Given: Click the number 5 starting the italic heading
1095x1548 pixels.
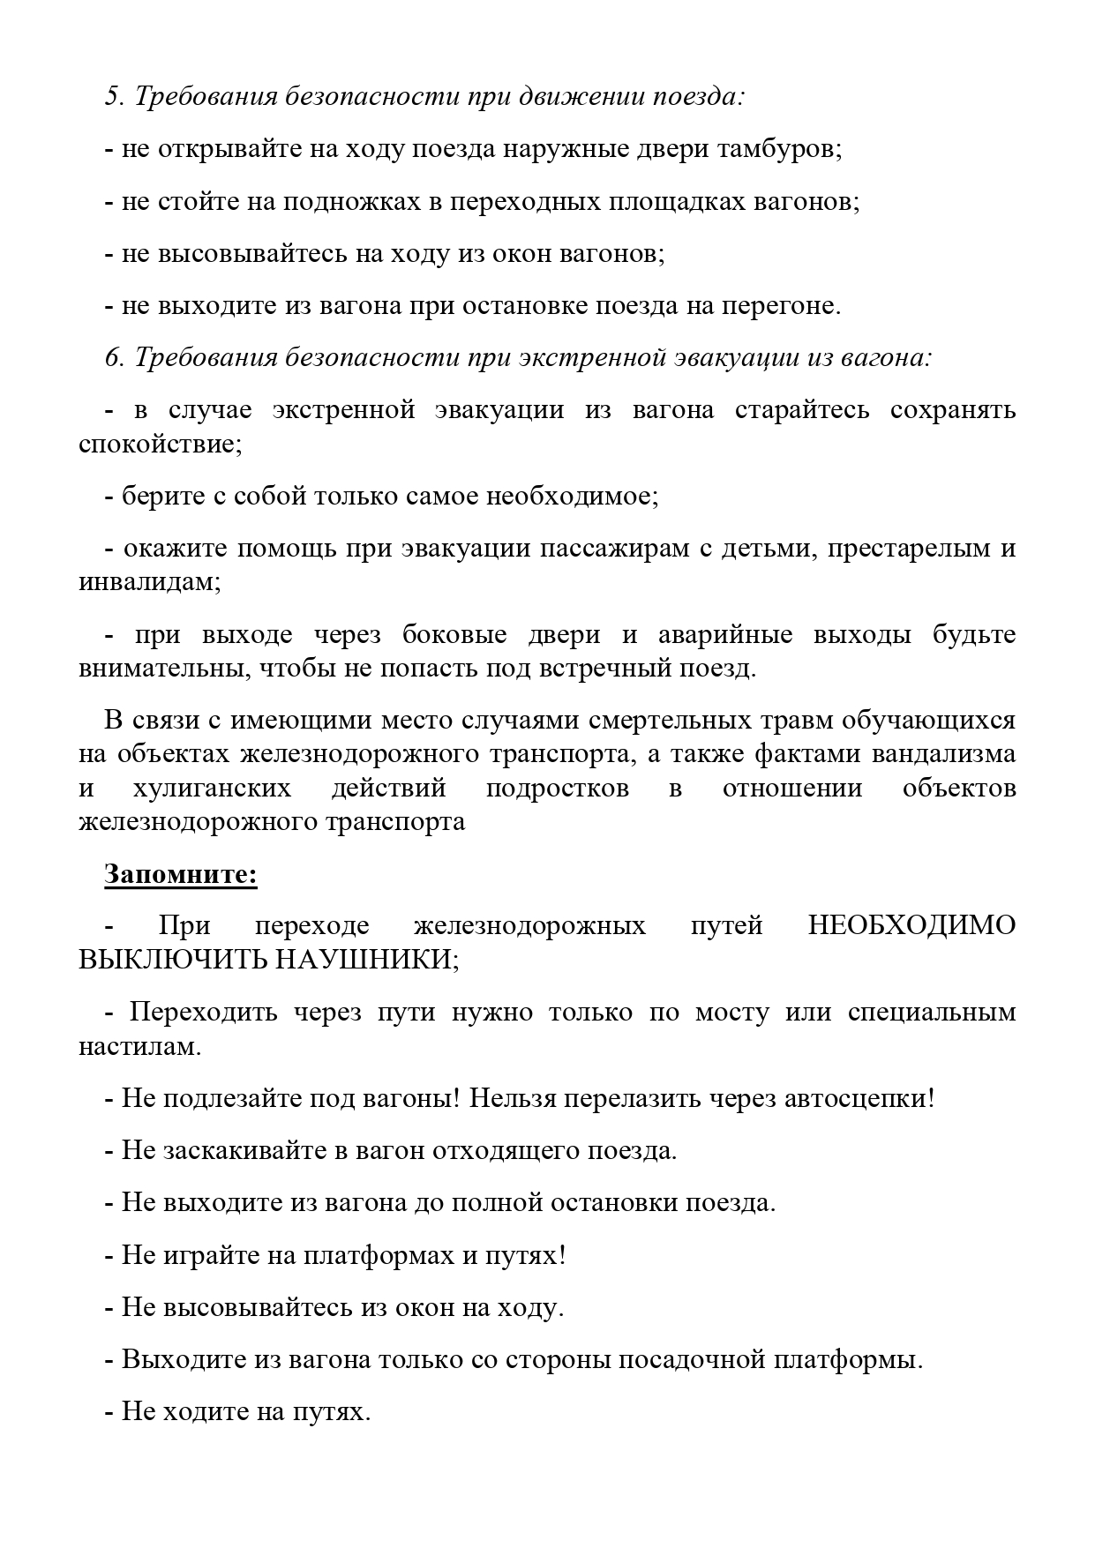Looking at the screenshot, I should coord(111,96).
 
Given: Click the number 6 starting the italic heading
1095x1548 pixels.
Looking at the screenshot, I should coord(111,357).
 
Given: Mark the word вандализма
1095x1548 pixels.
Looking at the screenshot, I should coord(943,754).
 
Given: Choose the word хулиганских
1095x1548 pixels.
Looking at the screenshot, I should coord(213,788).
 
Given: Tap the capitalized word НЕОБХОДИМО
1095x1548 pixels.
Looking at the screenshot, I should coord(911,925).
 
